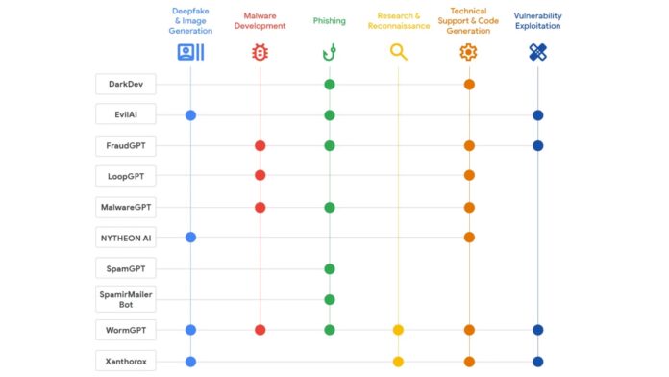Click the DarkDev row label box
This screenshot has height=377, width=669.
(x=126, y=85)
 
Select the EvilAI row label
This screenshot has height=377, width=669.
(x=126, y=115)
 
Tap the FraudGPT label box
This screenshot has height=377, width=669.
(x=126, y=146)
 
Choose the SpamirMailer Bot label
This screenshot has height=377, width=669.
(x=126, y=299)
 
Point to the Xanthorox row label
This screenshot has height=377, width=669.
(x=126, y=362)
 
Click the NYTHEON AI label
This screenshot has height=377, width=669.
(x=126, y=238)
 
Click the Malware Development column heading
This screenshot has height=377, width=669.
(x=260, y=21)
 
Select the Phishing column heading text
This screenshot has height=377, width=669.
(x=330, y=21)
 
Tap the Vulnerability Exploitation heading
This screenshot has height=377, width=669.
(x=538, y=21)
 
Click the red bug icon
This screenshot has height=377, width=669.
(x=260, y=53)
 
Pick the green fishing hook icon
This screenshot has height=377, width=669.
(x=330, y=53)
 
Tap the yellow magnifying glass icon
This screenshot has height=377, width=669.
(x=398, y=53)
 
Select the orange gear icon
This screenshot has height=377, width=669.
(x=469, y=53)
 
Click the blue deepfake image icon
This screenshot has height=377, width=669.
(x=190, y=53)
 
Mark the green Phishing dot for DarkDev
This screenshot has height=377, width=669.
(x=330, y=85)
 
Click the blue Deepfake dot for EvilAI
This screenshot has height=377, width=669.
(x=190, y=115)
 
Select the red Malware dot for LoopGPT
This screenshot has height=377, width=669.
(x=260, y=176)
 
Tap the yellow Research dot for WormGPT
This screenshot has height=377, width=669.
(x=398, y=330)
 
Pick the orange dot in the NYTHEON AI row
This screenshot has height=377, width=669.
(x=469, y=238)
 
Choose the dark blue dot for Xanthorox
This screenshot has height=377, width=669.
(x=538, y=362)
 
